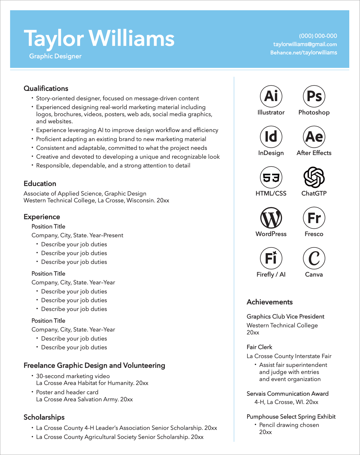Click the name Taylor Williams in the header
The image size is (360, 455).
(x=99, y=39)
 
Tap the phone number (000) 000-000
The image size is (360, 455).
(x=318, y=36)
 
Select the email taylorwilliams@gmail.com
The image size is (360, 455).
(x=305, y=44)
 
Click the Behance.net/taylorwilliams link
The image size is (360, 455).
(x=303, y=52)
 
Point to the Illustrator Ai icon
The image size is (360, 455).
(x=271, y=96)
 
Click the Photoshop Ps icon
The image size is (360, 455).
(x=314, y=96)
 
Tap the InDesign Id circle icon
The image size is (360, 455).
(x=271, y=137)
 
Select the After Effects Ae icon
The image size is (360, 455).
(x=314, y=137)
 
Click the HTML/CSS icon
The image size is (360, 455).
(x=271, y=177)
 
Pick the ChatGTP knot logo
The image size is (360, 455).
(x=314, y=177)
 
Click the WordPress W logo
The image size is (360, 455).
(x=271, y=218)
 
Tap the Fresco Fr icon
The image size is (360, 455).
(x=314, y=218)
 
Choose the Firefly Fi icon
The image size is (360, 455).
(x=271, y=258)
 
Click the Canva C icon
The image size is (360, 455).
(x=314, y=258)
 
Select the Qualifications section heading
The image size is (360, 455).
(x=46, y=88)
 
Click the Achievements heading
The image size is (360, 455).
(x=269, y=302)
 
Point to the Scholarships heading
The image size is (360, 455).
(x=44, y=417)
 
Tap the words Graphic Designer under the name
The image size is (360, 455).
(x=55, y=56)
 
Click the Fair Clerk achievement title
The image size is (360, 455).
(x=259, y=347)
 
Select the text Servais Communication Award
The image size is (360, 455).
(x=287, y=394)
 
